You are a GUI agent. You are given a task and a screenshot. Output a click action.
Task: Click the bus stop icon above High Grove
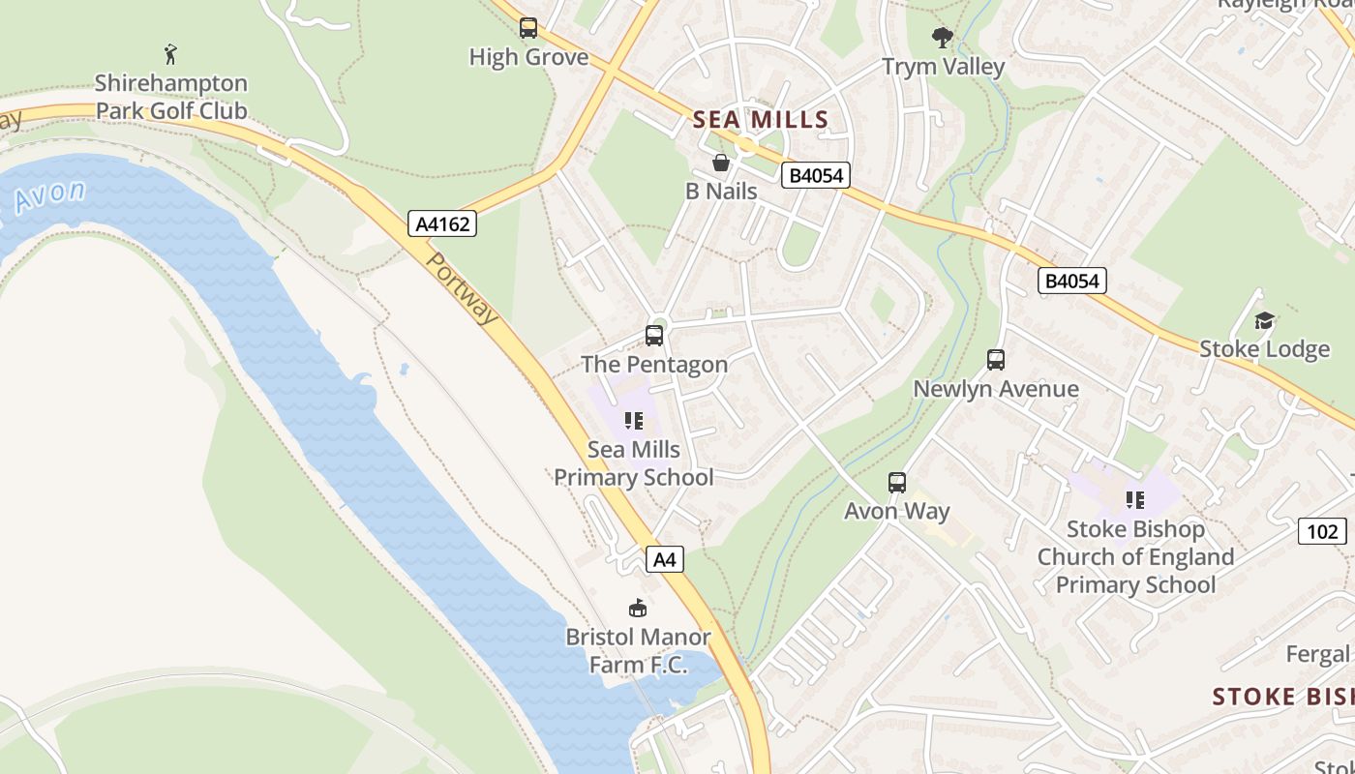click(x=527, y=28)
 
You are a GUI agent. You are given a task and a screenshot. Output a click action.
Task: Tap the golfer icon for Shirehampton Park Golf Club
click(x=171, y=53)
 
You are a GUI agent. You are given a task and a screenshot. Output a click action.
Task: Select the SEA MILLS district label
click(x=761, y=120)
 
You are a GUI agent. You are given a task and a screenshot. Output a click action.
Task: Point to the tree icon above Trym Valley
click(x=942, y=38)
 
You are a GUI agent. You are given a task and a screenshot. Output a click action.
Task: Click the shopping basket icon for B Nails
click(x=721, y=163)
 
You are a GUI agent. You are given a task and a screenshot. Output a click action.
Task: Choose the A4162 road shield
click(x=441, y=224)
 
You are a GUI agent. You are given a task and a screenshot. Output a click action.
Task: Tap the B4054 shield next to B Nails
click(x=816, y=175)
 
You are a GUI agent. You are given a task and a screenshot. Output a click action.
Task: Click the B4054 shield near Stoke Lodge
click(x=1071, y=281)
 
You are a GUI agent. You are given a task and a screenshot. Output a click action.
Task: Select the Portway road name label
click(x=463, y=289)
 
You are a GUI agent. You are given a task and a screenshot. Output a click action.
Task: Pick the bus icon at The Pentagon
click(x=654, y=336)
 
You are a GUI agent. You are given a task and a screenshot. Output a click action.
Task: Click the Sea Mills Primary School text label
click(x=633, y=463)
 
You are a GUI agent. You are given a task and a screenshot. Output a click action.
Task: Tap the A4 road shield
click(x=664, y=559)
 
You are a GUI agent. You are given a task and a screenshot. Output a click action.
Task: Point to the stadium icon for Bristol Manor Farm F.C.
click(x=638, y=608)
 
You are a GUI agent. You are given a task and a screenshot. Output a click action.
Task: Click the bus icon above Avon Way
click(x=897, y=482)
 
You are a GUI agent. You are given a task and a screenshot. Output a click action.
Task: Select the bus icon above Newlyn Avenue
click(x=996, y=360)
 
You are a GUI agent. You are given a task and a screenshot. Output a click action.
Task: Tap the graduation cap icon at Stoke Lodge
click(x=1264, y=320)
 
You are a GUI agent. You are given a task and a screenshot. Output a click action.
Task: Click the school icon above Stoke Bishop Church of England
click(x=1135, y=500)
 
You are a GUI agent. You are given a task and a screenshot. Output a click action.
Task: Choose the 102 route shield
click(x=1321, y=531)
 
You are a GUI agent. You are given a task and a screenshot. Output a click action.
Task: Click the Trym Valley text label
click(x=943, y=67)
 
